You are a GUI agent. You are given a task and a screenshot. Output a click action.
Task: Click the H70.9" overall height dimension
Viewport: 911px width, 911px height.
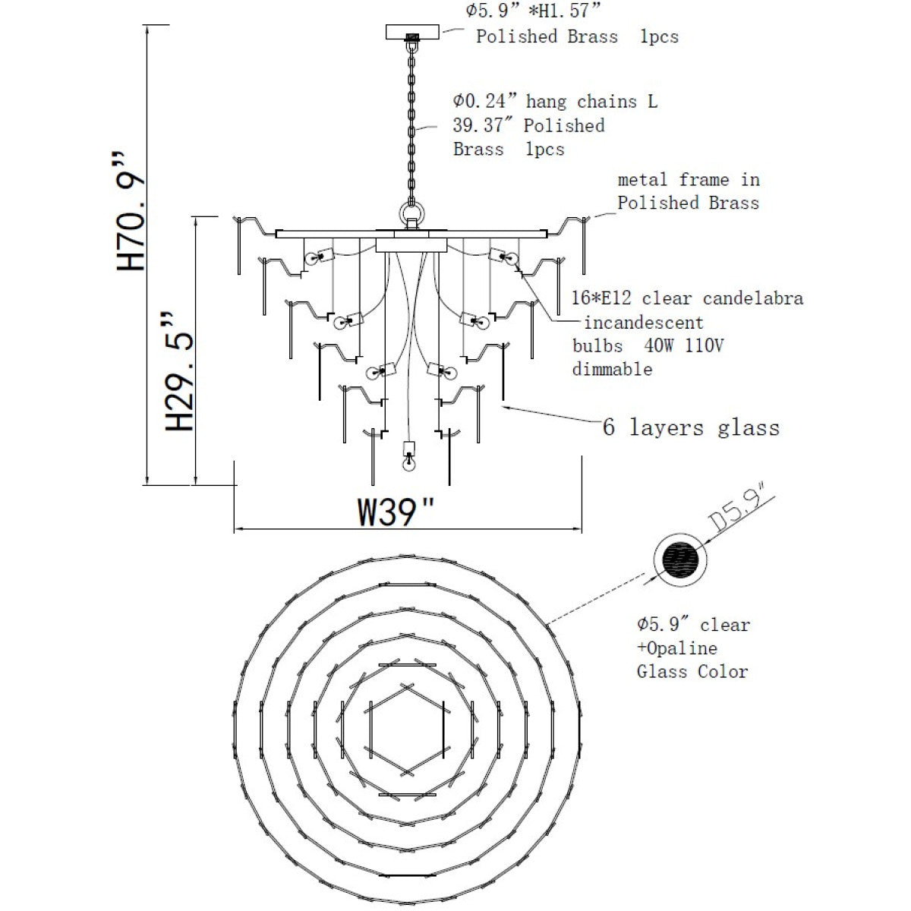pos(131,211)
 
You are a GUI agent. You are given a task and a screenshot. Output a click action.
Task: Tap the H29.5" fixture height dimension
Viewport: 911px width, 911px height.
pos(179,371)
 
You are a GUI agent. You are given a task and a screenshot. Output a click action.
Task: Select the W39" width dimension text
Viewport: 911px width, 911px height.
pos(396,512)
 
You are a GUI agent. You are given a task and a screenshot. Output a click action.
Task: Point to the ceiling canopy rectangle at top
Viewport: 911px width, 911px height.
pos(412,32)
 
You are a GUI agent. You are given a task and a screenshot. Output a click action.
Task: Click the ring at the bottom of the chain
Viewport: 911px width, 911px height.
pos(411,213)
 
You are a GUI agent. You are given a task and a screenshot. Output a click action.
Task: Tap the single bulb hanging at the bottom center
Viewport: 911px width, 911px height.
pos(409,457)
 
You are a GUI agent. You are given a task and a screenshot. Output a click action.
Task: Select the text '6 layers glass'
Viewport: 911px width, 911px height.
pos(691,427)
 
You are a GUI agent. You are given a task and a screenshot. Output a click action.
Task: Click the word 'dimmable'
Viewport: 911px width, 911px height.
pos(612,369)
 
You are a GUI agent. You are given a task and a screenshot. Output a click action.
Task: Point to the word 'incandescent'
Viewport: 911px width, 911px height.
pos(644,323)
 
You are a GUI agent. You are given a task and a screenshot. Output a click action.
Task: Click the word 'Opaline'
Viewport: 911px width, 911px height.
pos(682,648)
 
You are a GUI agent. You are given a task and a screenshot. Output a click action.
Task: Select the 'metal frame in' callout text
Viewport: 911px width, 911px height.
pos(689,180)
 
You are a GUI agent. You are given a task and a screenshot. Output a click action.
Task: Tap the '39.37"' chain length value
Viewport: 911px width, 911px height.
pos(484,125)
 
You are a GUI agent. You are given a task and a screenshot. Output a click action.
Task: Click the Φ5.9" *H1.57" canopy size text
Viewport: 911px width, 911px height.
pos(533,11)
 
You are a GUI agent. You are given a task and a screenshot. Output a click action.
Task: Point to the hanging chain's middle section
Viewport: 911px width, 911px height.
pos(411,123)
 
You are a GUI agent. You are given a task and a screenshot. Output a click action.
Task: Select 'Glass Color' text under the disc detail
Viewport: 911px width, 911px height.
pos(692,671)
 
